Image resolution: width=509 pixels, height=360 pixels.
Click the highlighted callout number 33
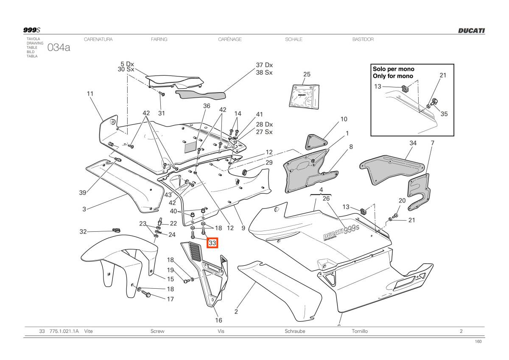click(213, 243)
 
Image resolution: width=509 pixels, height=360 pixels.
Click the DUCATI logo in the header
click(471, 31)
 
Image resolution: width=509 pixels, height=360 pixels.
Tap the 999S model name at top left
click(31, 30)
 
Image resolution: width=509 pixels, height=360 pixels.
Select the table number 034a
click(59, 48)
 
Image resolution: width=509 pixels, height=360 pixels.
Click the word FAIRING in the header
click(159, 39)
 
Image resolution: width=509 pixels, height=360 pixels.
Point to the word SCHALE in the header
click(294, 39)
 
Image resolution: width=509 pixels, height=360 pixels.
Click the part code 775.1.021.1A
click(64, 331)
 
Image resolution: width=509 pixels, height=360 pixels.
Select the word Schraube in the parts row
click(295, 331)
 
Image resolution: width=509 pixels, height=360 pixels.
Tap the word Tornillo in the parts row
click(360, 331)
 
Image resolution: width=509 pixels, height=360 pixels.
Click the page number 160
click(478, 342)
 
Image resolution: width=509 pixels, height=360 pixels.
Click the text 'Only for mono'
click(393, 76)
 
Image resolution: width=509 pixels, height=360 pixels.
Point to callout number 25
click(307, 74)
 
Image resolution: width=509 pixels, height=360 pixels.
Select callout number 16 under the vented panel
click(218, 320)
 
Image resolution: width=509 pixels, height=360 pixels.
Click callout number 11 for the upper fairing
click(90, 93)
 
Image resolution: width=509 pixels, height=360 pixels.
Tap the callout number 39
click(83, 193)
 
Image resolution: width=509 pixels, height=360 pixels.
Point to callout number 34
click(413, 143)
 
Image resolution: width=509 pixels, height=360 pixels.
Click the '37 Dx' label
click(264, 65)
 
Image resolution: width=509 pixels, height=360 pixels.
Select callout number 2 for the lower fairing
click(236, 312)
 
